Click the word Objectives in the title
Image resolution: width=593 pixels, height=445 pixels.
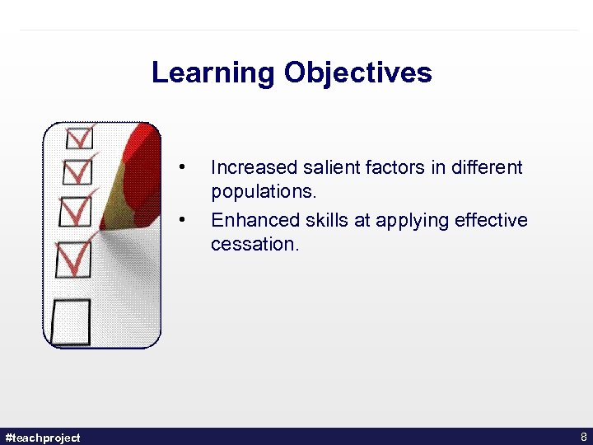357,73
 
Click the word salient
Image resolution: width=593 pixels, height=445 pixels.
328,167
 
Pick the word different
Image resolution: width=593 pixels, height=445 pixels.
484,167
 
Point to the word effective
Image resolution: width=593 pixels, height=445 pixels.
489,220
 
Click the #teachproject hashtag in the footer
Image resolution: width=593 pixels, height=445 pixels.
43,437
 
